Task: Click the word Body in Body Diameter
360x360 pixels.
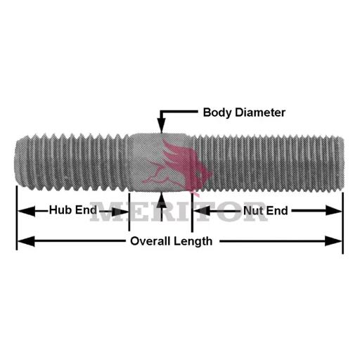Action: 217,112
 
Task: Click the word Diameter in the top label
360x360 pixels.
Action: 260,112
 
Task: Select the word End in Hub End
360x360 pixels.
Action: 86,210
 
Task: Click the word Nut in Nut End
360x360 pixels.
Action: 252,211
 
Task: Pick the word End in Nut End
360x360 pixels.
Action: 277,211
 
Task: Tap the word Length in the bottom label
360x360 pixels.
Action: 193,241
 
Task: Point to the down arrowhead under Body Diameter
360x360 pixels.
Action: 161,126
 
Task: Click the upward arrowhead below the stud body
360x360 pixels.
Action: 162,200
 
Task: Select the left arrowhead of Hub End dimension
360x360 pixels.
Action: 27,211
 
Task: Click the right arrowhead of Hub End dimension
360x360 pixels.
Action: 120,212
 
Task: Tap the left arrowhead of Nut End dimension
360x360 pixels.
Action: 202,211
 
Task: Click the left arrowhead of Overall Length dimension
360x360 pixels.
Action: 26,241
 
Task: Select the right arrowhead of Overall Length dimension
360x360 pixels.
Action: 333,241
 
